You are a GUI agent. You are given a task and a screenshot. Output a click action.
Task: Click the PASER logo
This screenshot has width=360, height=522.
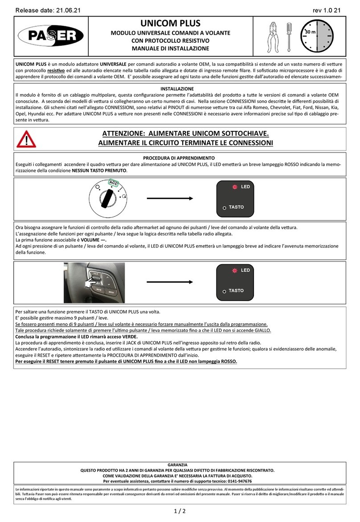(50, 35)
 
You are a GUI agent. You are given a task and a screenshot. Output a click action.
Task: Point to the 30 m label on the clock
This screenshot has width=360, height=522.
(311, 33)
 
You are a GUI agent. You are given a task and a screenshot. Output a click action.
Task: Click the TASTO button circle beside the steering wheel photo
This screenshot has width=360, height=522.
(225, 291)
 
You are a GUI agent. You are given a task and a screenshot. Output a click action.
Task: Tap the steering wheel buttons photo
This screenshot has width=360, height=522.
(94, 282)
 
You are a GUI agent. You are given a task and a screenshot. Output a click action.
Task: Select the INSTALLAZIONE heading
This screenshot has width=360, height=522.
(177, 89)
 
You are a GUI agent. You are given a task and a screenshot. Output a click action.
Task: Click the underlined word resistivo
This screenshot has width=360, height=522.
(56, 70)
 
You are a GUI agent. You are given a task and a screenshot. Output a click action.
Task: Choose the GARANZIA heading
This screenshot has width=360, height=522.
(177, 464)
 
